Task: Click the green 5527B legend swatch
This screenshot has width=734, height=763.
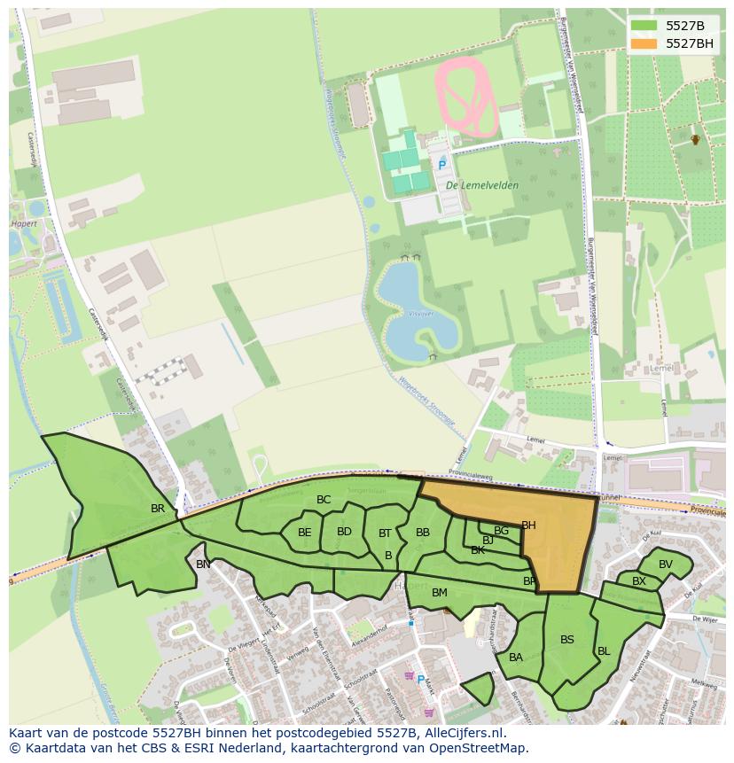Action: (644, 26)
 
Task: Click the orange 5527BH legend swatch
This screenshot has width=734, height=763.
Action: (644, 43)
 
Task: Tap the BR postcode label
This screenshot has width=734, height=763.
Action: (158, 509)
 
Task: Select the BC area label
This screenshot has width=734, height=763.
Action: (324, 500)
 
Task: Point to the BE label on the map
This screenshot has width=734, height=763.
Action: (304, 533)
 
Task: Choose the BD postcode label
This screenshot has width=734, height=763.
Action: (344, 532)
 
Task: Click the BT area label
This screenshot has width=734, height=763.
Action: (385, 533)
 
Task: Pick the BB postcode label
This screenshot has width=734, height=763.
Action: (423, 533)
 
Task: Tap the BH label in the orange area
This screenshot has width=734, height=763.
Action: (528, 526)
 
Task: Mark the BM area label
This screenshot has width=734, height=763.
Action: (439, 592)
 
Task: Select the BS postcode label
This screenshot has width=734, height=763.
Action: (567, 639)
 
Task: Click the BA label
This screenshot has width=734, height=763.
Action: (516, 657)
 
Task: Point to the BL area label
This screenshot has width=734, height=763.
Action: (604, 650)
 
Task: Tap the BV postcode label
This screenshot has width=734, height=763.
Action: (666, 564)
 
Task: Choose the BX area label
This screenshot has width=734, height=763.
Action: (638, 581)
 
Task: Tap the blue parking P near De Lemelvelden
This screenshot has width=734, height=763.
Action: (441, 165)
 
